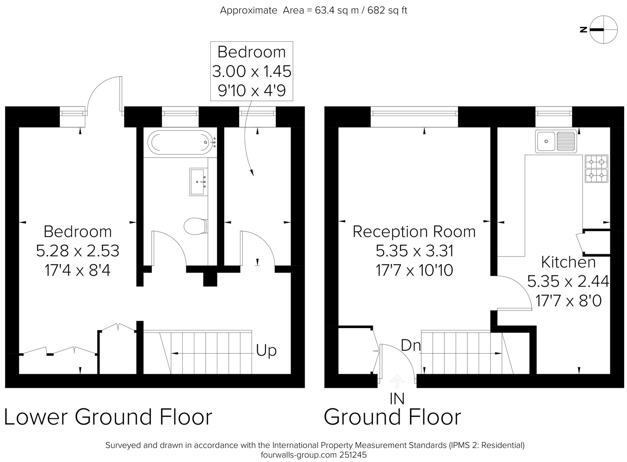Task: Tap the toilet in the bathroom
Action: coord(196,226)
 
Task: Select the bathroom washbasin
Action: coord(199,182)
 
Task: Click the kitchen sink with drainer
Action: coord(556,141)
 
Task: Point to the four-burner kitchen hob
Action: coord(596,169)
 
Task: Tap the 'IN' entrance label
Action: coord(397,399)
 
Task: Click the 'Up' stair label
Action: coord(266,351)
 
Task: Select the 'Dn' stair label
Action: coord(410,345)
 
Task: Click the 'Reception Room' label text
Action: coord(414,232)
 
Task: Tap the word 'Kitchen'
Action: coord(568,262)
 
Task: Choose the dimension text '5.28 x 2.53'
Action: coord(77,251)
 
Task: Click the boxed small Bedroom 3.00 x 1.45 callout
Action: coord(252,71)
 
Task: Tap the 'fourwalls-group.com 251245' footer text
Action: coord(313,455)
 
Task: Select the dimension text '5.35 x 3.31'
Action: coord(414,251)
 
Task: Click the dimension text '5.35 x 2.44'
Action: coord(568,281)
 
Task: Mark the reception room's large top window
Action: coord(414,113)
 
